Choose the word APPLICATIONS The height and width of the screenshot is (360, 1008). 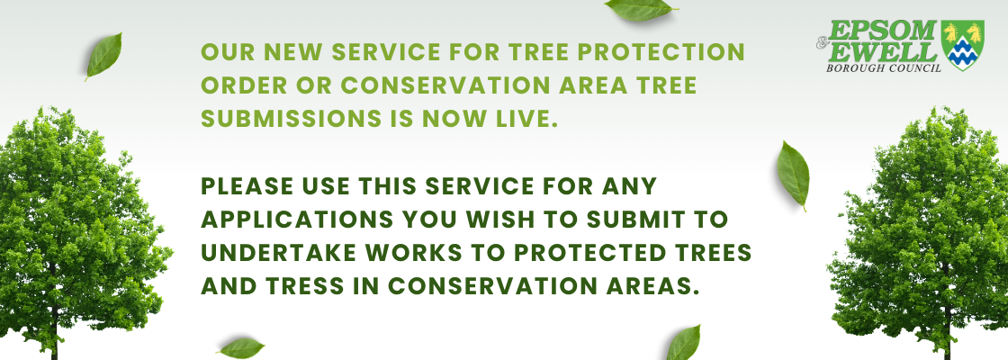297,220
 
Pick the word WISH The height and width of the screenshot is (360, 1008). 502,220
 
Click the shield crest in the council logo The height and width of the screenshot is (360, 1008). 962,45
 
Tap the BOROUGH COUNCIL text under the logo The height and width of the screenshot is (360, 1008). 884,67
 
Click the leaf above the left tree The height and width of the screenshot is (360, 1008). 103,57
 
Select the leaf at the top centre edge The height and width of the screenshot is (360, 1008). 640,9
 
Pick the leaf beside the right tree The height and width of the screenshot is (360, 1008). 793,175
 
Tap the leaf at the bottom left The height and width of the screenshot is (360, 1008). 242,347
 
